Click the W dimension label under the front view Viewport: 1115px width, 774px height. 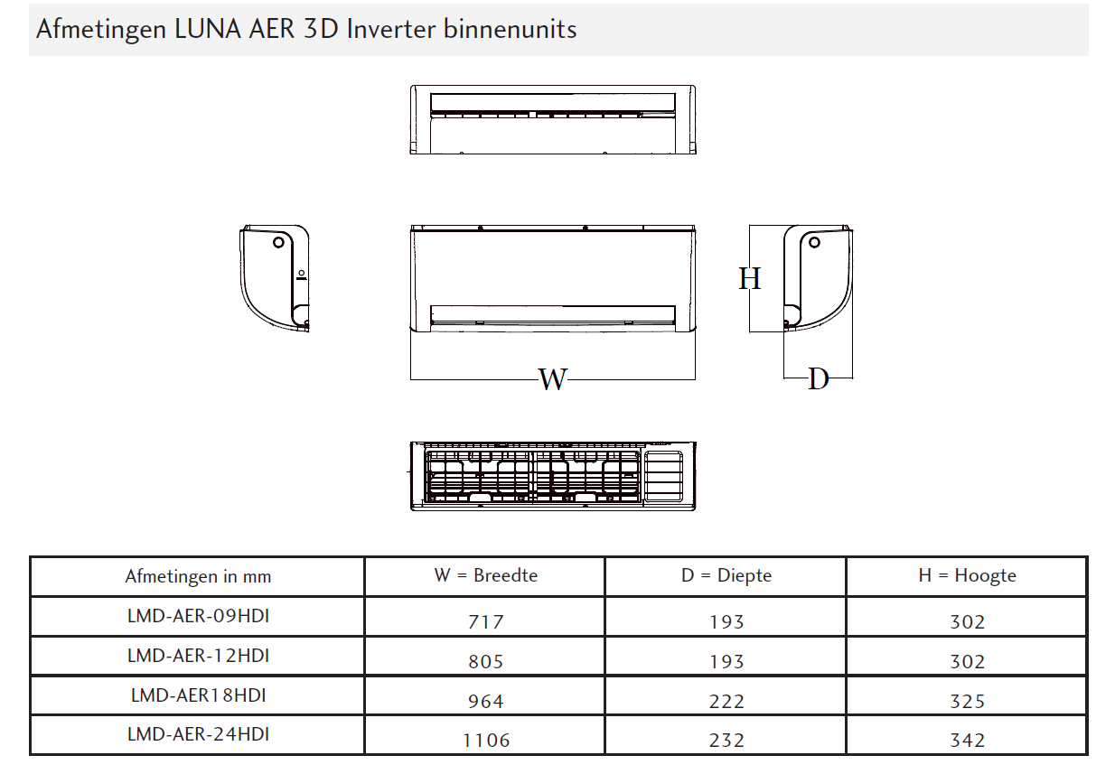tap(552, 379)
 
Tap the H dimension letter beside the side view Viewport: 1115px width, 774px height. tap(750, 278)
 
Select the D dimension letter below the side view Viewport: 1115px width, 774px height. tap(819, 379)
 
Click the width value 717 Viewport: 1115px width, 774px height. tap(486, 621)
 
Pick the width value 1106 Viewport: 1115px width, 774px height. tap(486, 741)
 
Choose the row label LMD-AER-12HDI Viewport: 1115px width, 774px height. tap(198, 656)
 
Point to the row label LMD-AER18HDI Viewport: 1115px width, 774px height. tap(198, 695)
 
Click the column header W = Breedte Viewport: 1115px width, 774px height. tap(486, 575)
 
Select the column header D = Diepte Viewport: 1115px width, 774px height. tap(726, 575)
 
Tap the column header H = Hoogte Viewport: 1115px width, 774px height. tap(967, 575)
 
